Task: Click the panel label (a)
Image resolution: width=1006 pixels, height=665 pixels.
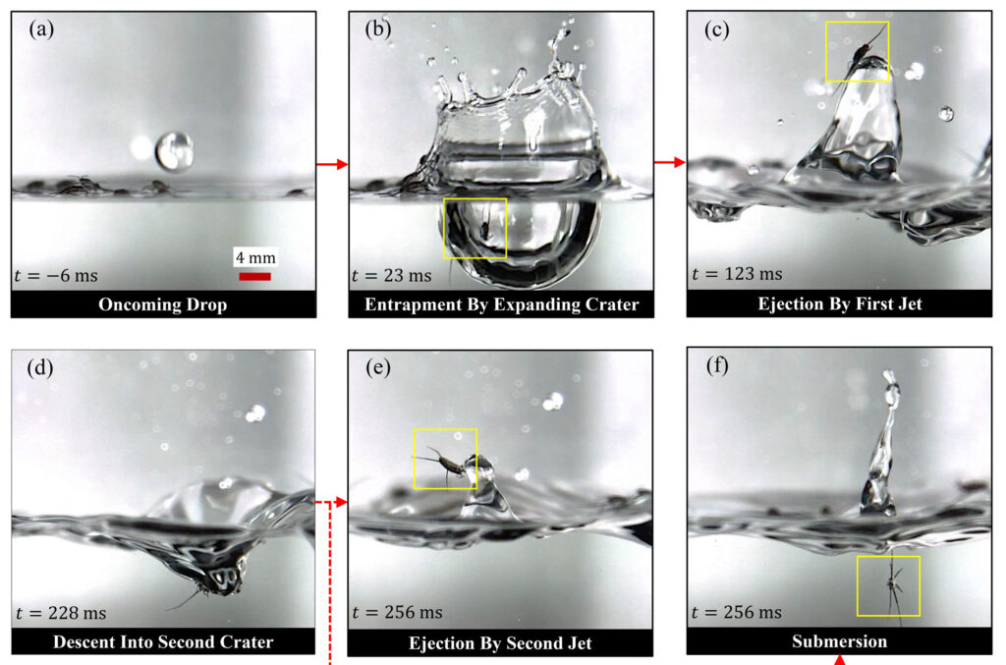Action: (x=41, y=29)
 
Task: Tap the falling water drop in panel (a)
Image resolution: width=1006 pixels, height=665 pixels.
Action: (x=174, y=150)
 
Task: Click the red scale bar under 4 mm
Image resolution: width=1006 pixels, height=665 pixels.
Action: (x=254, y=276)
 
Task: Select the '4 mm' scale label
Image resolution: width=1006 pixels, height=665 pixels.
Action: (x=255, y=257)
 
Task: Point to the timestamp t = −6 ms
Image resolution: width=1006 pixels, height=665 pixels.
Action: (x=56, y=276)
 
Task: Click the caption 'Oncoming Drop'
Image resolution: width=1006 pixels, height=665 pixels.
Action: (x=163, y=305)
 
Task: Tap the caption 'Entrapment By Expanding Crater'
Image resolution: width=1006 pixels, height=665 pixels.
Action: (x=502, y=305)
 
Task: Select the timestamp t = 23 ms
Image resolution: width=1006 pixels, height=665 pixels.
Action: (x=391, y=276)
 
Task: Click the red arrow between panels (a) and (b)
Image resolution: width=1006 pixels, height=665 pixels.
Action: (x=332, y=165)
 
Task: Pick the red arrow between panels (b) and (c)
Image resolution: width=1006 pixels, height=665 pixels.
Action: (x=670, y=162)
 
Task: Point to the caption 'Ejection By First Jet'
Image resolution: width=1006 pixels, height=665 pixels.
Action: (x=840, y=304)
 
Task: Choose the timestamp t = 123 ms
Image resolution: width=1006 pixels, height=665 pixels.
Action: (x=737, y=274)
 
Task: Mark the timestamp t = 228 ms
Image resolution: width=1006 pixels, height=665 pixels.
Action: (x=61, y=613)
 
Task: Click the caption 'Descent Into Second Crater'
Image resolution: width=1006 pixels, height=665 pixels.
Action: (x=163, y=641)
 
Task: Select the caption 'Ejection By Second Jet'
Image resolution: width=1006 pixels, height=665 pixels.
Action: (x=500, y=643)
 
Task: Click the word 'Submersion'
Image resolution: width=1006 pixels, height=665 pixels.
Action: (x=840, y=641)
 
